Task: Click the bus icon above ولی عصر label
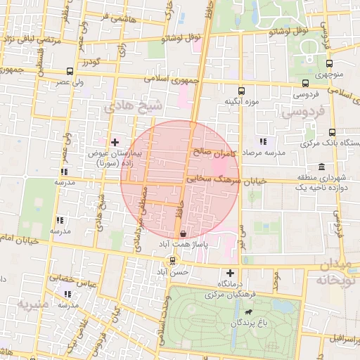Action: [x=69, y=72]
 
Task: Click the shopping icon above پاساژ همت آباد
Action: [x=184, y=233]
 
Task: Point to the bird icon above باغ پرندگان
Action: [x=248, y=312]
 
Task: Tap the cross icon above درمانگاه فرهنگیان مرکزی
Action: [x=230, y=273]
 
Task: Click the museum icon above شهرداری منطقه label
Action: [x=321, y=167]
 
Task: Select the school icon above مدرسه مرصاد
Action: [x=263, y=141]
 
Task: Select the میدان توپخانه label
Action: [x=337, y=272]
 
